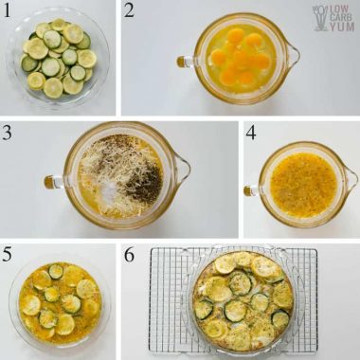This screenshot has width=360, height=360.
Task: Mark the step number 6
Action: (131, 253)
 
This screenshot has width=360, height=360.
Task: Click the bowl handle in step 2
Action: (181, 62)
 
